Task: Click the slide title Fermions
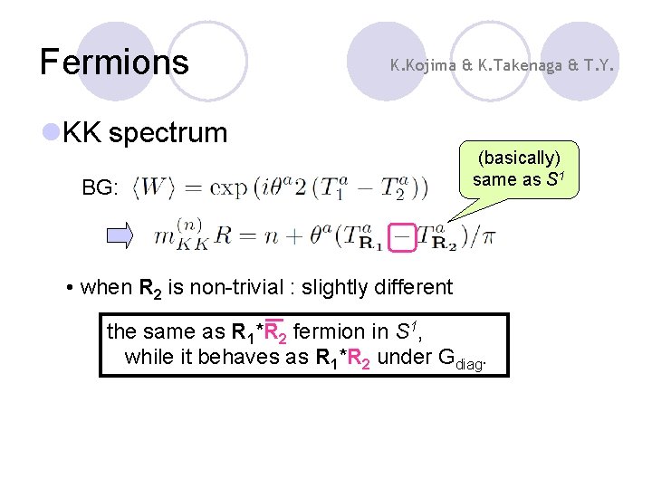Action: coord(114,62)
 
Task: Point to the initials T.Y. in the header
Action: coord(601,64)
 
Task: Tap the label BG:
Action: coord(100,188)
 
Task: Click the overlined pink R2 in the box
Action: coord(274,331)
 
